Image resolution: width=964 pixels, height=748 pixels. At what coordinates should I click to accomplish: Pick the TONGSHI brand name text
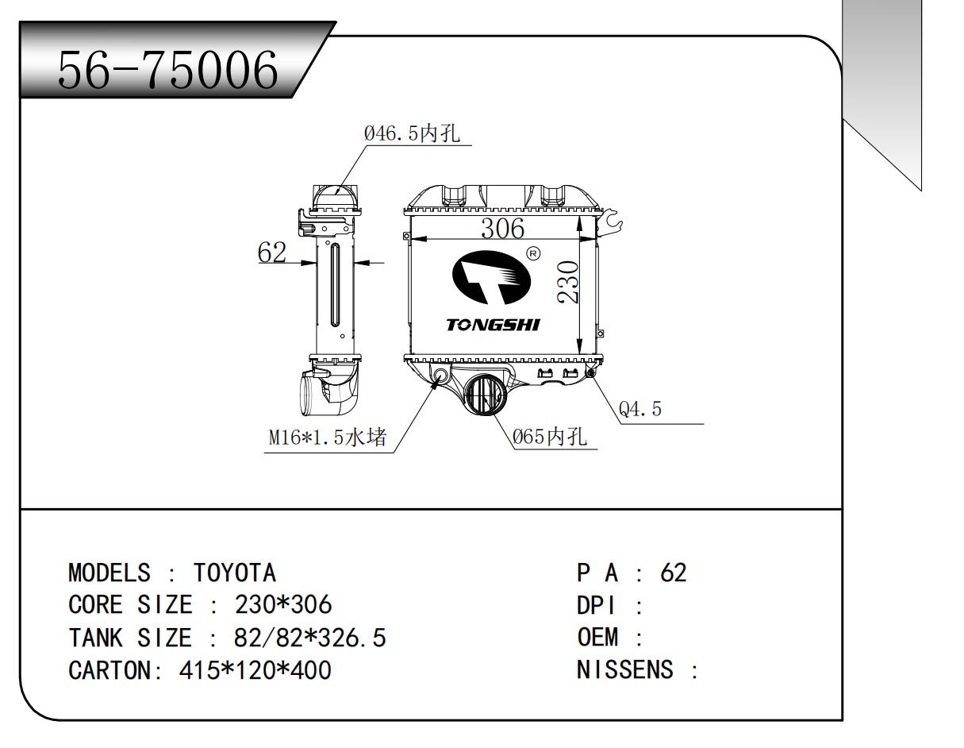(x=493, y=326)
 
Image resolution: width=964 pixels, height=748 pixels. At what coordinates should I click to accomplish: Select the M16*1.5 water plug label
(x=327, y=438)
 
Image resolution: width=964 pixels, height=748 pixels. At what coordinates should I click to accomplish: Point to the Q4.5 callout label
(x=639, y=410)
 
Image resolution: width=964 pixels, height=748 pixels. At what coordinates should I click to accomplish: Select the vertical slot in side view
(x=336, y=286)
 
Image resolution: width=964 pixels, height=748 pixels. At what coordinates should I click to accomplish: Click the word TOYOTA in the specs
(x=235, y=573)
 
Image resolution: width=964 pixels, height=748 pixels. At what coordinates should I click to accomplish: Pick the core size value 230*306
(x=283, y=605)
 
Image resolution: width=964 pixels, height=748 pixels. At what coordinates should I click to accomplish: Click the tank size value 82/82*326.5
(x=310, y=638)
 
